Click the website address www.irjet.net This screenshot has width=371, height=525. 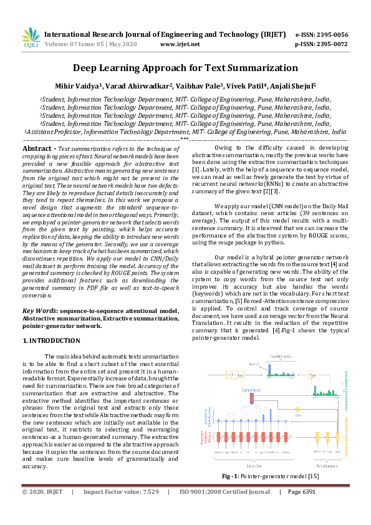coord(180,44)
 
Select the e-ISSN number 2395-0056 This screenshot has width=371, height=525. coord(330,34)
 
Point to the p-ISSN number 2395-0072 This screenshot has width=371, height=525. coord(330,44)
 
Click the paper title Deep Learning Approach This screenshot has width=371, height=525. coord(185,68)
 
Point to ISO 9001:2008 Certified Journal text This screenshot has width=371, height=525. coord(225,509)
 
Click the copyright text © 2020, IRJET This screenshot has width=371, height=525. coord(43,509)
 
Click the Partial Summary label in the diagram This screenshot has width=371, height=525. coord(322,464)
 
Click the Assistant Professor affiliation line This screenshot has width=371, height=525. coord(185,132)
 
